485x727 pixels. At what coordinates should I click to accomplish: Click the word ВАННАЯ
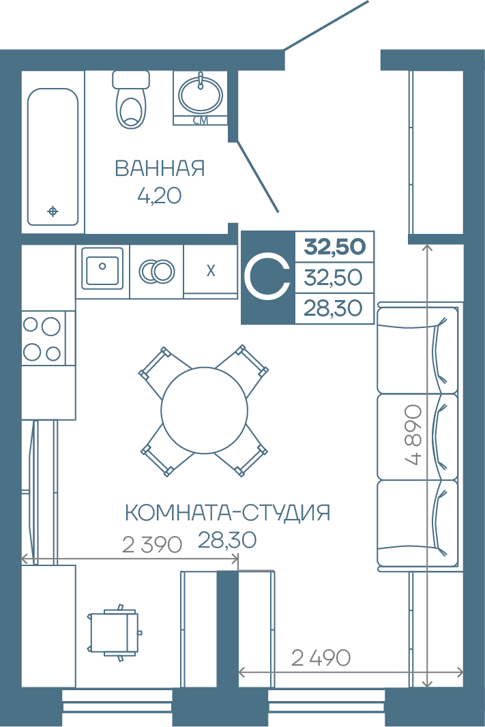(160, 168)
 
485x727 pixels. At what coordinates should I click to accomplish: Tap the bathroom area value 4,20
(159, 196)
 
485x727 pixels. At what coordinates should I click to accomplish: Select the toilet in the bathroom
(132, 99)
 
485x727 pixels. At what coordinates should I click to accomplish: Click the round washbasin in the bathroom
(201, 95)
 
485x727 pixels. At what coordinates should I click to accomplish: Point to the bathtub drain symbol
(53, 211)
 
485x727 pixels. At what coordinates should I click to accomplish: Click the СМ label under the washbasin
(201, 121)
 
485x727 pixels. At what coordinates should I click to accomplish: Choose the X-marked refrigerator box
(211, 271)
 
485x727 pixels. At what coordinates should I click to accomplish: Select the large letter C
(267, 278)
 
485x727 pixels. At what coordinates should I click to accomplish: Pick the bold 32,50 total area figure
(335, 247)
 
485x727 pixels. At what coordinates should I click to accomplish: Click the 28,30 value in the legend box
(333, 308)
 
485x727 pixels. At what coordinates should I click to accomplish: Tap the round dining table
(204, 410)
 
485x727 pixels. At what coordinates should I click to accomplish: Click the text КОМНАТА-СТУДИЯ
(228, 513)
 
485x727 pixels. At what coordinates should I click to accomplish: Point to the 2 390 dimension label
(152, 545)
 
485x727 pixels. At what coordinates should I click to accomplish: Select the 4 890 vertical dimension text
(413, 435)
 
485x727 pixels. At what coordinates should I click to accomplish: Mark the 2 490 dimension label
(321, 658)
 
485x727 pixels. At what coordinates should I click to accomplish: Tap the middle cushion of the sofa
(417, 436)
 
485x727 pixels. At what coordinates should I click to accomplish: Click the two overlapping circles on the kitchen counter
(157, 271)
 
